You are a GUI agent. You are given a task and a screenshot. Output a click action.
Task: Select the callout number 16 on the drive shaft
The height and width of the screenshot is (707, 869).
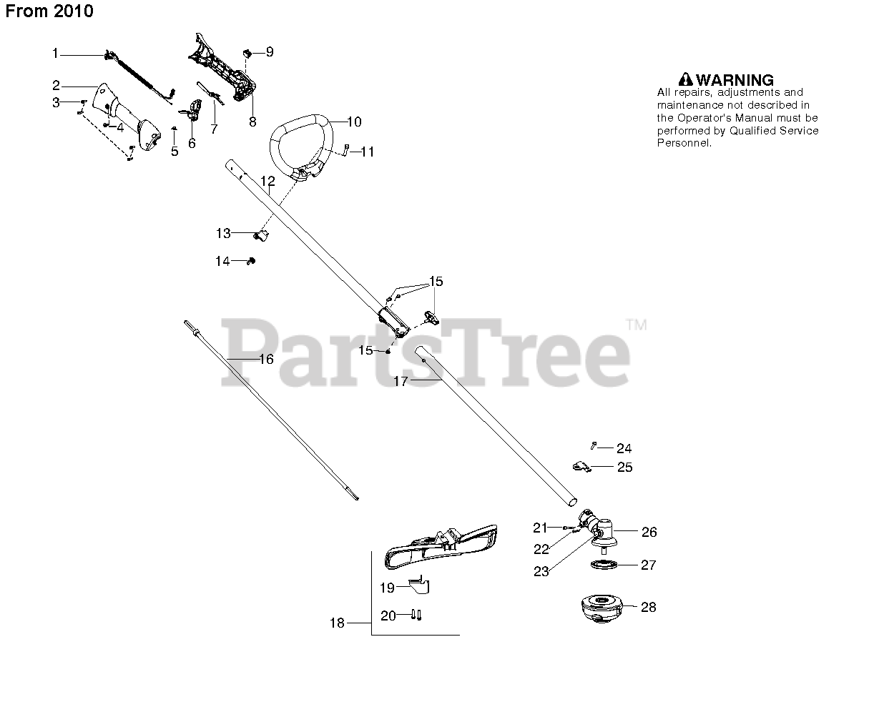click(266, 359)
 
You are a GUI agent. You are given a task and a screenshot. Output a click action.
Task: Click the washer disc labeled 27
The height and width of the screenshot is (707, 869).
click(605, 565)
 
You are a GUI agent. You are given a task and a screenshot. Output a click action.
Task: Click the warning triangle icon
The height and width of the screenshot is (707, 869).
click(685, 79)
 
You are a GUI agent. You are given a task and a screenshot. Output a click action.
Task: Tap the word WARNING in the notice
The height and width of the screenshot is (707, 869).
click(735, 80)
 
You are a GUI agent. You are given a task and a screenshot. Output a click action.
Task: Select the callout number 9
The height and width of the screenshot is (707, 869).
click(270, 51)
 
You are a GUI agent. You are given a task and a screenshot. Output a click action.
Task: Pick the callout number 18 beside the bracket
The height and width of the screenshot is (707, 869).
click(336, 623)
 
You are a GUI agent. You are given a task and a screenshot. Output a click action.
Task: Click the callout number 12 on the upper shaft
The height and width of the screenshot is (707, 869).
click(267, 182)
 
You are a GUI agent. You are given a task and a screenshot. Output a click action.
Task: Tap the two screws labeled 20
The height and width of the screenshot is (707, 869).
click(417, 615)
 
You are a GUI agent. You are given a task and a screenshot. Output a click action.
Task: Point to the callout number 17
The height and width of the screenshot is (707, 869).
click(401, 382)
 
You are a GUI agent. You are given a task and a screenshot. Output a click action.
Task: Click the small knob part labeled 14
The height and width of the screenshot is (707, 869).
click(250, 262)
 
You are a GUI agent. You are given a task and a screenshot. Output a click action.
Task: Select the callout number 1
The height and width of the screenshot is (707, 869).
click(55, 52)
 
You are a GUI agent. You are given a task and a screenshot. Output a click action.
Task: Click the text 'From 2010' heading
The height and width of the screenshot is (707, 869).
click(49, 11)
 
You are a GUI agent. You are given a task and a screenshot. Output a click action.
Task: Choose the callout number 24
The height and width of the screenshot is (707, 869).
click(624, 448)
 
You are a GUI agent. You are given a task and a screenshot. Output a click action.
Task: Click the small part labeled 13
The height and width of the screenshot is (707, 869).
click(262, 234)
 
